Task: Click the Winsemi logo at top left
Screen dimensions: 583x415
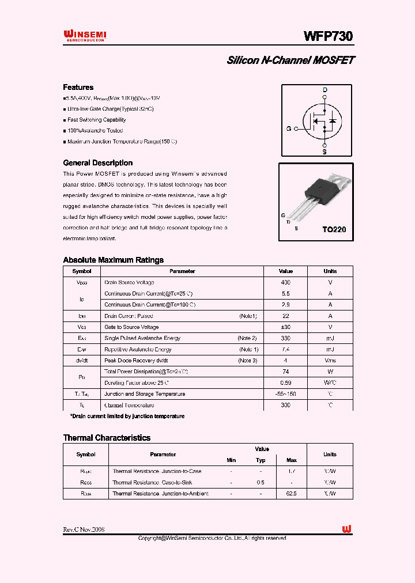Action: pyautogui.click(x=84, y=36)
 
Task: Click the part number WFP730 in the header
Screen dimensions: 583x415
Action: pyautogui.click(x=328, y=36)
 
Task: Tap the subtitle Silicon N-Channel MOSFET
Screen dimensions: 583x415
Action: pyautogui.click(x=290, y=60)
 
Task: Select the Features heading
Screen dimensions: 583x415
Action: pyautogui.click(x=78, y=88)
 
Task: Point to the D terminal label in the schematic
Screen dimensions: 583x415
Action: pyautogui.click(x=325, y=90)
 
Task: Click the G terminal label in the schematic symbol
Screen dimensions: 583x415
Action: pyautogui.click(x=289, y=128)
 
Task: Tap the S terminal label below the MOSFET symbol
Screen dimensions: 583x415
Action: pyautogui.click(x=325, y=152)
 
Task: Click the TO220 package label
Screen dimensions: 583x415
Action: pyautogui.click(x=334, y=229)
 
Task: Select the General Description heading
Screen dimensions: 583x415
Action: pyautogui.click(x=97, y=163)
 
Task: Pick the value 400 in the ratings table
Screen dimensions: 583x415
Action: pyautogui.click(x=285, y=282)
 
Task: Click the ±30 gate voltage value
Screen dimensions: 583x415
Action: pyautogui.click(x=285, y=327)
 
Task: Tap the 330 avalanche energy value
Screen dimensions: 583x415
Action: pyautogui.click(x=285, y=338)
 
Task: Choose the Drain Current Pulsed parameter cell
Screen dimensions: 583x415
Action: pyautogui.click(x=128, y=316)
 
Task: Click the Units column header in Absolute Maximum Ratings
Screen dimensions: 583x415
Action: pyautogui.click(x=330, y=271)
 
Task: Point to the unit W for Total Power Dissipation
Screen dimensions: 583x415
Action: pyautogui.click(x=330, y=372)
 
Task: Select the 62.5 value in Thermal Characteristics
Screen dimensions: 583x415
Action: pyautogui.click(x=291, y=494)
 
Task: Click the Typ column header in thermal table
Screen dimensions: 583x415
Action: pyautogui.click(x=261, y=460)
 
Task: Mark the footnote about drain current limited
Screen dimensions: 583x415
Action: pyautogui.click(x=127, y=416)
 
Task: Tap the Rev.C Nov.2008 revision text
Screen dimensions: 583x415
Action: pyautogui.click(x=84, y=529)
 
